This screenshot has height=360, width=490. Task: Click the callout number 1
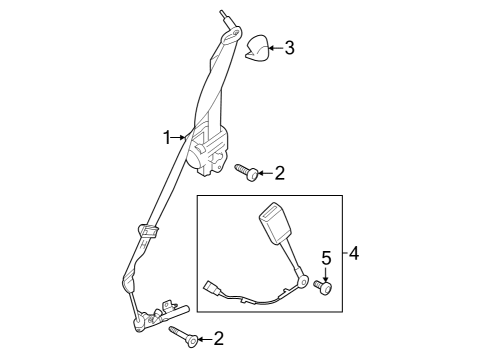(x=168, y=138)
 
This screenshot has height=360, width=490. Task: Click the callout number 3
(x=290, y=47)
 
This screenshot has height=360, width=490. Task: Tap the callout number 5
(x=324, y=260)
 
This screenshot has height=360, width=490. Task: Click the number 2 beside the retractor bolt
(x=279, y=173)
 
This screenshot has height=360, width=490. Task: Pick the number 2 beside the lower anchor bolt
(x=218, y=339)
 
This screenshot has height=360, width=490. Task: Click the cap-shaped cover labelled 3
(x=257, y=47)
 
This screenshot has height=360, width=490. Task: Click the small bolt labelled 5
(x=324, y=288)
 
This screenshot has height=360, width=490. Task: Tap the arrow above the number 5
(x=324, y=274)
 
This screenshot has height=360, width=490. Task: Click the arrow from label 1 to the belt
(x=180, y=138)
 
